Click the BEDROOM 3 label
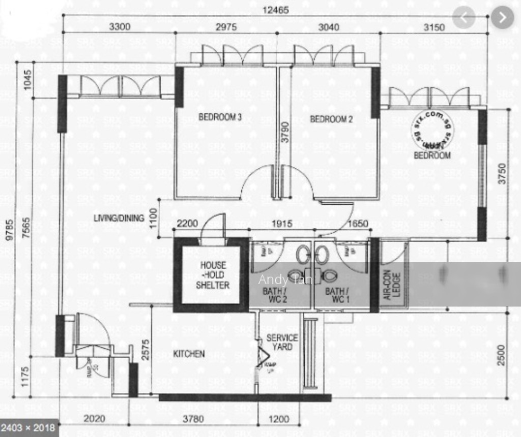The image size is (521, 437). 220,117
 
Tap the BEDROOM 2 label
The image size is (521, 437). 331,119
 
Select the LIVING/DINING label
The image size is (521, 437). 119,218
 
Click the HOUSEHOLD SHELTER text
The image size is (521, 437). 213,275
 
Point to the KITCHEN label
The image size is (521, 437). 189,354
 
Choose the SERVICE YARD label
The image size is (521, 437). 282,342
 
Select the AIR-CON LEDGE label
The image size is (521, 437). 392,285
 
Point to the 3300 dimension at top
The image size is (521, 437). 120,27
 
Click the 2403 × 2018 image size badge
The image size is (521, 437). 30,427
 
